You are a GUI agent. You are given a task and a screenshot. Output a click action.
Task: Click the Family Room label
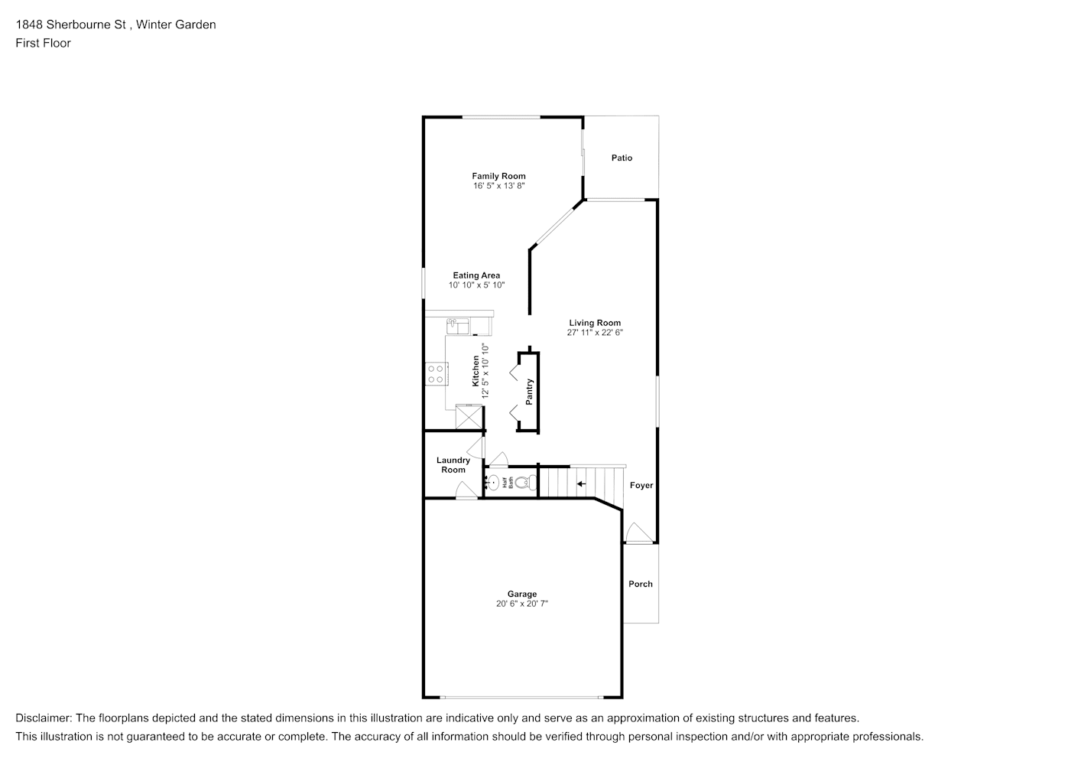(x=498, y=176)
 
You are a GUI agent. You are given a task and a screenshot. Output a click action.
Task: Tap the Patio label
(x=622, y=158)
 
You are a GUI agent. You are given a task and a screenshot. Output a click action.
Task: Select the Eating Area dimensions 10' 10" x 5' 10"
(x=476, y=285)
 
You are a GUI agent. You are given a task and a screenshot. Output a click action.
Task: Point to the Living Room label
(x=595, y=323)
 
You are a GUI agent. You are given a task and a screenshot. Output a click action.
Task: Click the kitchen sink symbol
(x=457, y=327)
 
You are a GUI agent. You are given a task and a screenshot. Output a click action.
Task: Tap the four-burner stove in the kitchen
(x=437, y=374)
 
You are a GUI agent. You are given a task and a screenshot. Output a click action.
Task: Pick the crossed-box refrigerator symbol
(x=469, y=416)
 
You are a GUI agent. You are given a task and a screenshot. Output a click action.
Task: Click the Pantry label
(x=529, y=392)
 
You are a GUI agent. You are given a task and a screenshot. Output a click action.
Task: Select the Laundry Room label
(x=453, y=465)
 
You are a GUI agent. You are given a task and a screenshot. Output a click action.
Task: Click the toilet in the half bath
(x=525, y=482)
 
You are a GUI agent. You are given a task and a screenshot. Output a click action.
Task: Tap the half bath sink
(x=493, y=482)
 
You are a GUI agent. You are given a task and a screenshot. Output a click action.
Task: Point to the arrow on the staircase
(x=582, y=483)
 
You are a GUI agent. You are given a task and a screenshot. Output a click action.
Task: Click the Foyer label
(x=641, y=485)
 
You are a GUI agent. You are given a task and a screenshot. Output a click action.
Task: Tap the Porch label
(x=641, y=584)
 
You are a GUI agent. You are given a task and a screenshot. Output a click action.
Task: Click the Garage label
(x=521, y=594)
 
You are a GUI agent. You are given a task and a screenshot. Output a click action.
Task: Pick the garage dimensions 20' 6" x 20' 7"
(x=521, y=604)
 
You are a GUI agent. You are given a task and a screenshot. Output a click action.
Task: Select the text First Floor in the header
(x=43, y=43)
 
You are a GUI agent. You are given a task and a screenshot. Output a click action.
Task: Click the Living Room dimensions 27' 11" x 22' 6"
(x=595, y=332)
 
